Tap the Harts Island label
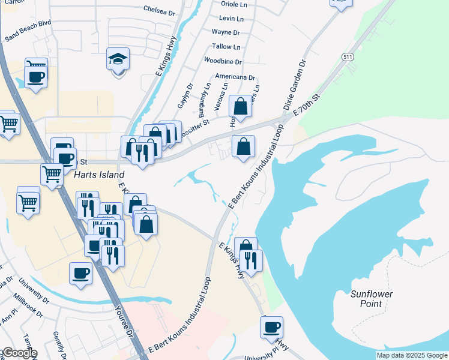coord(94,176)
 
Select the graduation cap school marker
coord(118,60)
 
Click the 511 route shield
coord(348,57)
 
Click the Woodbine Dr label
coord(223,61)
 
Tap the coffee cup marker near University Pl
coord(272,328)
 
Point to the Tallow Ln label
coord(226,47)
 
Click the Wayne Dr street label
coord(226,32)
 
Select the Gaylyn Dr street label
coord(184,96)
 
